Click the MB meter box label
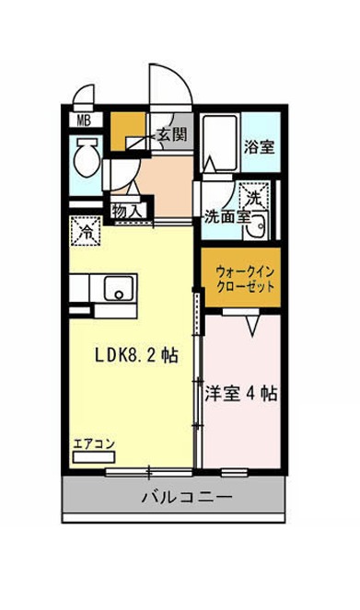(84, 121)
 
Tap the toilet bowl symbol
(88, 157)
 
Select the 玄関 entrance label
(171, 134)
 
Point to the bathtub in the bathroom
(220, 144)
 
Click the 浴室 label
(260, 146)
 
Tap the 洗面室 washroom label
(226, 217)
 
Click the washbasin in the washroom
(256, 224)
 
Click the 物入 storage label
(126, 212)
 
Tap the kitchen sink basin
(119, 289)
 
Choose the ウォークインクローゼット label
(245, 279)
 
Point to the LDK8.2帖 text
(137, 355)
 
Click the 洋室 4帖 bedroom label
(241, 393)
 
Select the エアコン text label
(94, 443)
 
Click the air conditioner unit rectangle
(94, 457)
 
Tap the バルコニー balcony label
(186, 497)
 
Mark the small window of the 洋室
(235, 473)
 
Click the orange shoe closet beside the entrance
(128, 131)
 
